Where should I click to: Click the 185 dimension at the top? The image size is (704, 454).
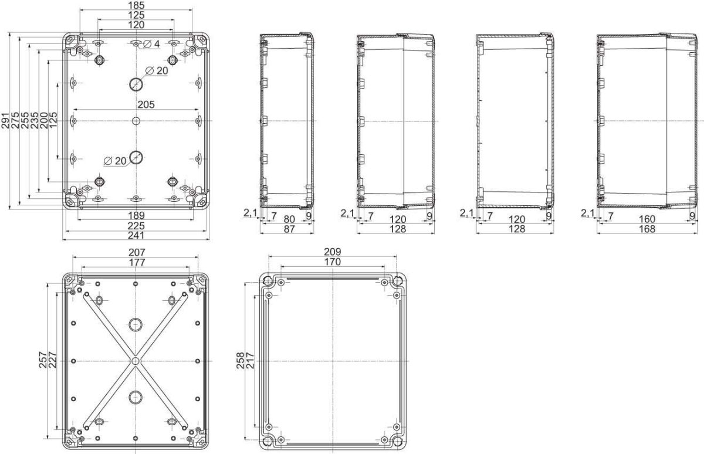pyautogui.click(x=136, y=5)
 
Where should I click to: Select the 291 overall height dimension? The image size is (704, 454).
pyautogui.click(x=5, y=120)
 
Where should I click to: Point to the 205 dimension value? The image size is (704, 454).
pyautogui.click(x=145, y=105)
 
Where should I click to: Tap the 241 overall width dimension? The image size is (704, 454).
pyautogui.click(x=136, y=235)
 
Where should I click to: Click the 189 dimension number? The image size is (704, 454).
pyautogui.click(x=136, y=216)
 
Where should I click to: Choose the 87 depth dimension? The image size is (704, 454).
pyautogui.click(x=289, y=229)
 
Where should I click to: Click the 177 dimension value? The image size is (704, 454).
pyautogui.click(x=136, y=263)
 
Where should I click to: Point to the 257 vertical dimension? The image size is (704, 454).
pyautogui.click(x=43, y=360)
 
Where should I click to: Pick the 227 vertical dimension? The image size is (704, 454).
pyautogui.click(x=52, y=360)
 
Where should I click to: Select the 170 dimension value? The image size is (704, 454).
pyautogui.click(x=332, y=263)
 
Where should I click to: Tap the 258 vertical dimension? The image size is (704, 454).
pyautogui.click(x=240, y=360)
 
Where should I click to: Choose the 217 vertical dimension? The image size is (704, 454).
pyautogui.click(x=249, y=360)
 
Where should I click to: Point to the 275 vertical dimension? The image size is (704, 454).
pyautogui.click(x=15, y=120)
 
